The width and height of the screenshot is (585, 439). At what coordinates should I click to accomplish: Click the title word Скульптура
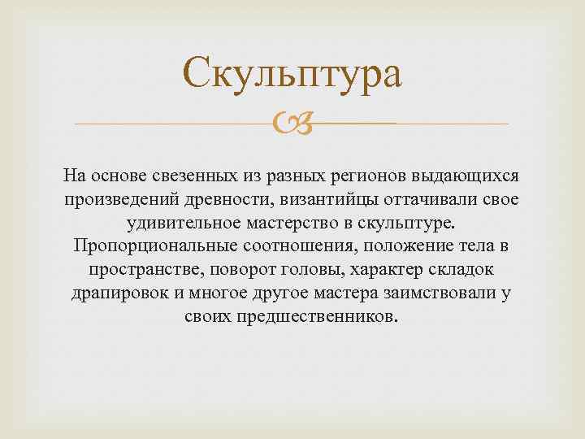click(292, 74)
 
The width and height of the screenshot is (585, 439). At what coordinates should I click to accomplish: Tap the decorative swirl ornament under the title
click(292, 124)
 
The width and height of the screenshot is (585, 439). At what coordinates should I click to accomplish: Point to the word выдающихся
click(467, 176)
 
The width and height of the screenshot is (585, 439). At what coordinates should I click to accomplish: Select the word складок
click(464, 270)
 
